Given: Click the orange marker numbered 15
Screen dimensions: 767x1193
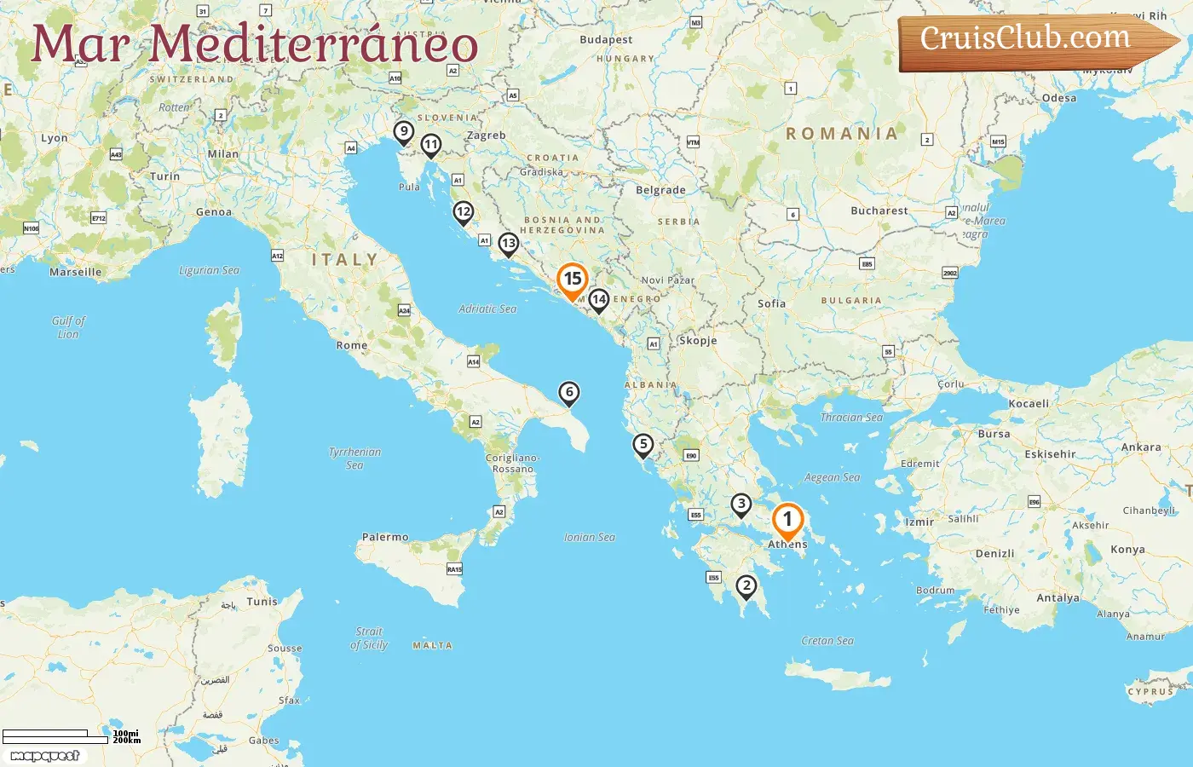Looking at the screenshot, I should pos(573,280).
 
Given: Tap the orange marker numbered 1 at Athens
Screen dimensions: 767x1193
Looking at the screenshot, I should pos(787,520).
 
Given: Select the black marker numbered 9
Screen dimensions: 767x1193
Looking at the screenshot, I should pos(404,132).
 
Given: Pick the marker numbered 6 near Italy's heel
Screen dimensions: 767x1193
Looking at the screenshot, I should pos(568,393).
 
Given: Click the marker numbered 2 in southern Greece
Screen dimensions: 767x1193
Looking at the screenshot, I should pos(746,585).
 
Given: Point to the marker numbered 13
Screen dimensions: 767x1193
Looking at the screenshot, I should pos(508,244).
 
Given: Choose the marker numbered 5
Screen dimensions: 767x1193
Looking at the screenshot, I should pos(643,445).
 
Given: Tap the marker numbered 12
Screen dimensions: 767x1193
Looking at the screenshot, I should pos(463,211).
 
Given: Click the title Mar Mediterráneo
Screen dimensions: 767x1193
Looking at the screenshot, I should pos(254,44).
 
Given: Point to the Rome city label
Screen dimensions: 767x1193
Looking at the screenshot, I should pos(352,345).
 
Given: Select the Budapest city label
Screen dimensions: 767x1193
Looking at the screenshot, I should pos(606,39).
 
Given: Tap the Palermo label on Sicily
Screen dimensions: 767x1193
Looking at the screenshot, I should pos(385,537).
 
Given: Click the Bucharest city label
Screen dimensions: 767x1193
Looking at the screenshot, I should pos(879,210).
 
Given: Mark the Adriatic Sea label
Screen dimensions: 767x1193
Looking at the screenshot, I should pos(487,309).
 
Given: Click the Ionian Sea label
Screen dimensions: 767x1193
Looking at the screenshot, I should pos(590,537).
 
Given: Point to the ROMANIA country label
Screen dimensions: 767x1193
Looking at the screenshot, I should pos(842,134).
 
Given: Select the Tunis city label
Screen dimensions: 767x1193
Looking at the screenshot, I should pos(262,601).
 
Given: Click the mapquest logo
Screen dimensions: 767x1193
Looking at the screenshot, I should pos(45,756).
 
